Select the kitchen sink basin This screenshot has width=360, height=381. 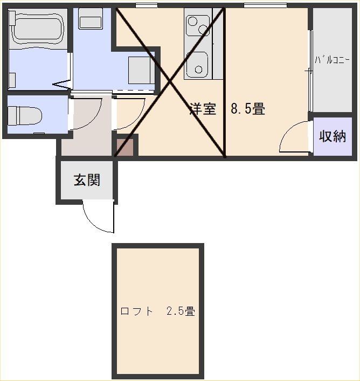click(x=197, y=64)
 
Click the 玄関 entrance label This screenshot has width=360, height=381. click(x=87, y=180)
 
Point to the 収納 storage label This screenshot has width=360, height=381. click(x=333, y=136)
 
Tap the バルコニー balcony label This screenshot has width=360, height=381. click(x=333, y=60)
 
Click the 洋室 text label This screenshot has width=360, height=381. click(x=203, y=108)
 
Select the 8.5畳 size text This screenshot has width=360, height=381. click(x=248, y=108)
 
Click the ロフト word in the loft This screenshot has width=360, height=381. click(x=137, y=311)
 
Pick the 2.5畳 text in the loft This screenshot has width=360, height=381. click(x=181, y=311)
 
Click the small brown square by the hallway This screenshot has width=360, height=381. click(x=125, y=147)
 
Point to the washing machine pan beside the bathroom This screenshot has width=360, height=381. click(x=141, y=70)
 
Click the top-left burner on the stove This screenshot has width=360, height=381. click(x=193, y=21)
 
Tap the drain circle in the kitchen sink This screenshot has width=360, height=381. click(x=199, y=70)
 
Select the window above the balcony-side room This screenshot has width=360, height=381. click(x=265, y=5)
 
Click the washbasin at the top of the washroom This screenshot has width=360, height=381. click(x=90, y=19)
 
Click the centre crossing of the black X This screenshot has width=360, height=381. click(x=170, y=82)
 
